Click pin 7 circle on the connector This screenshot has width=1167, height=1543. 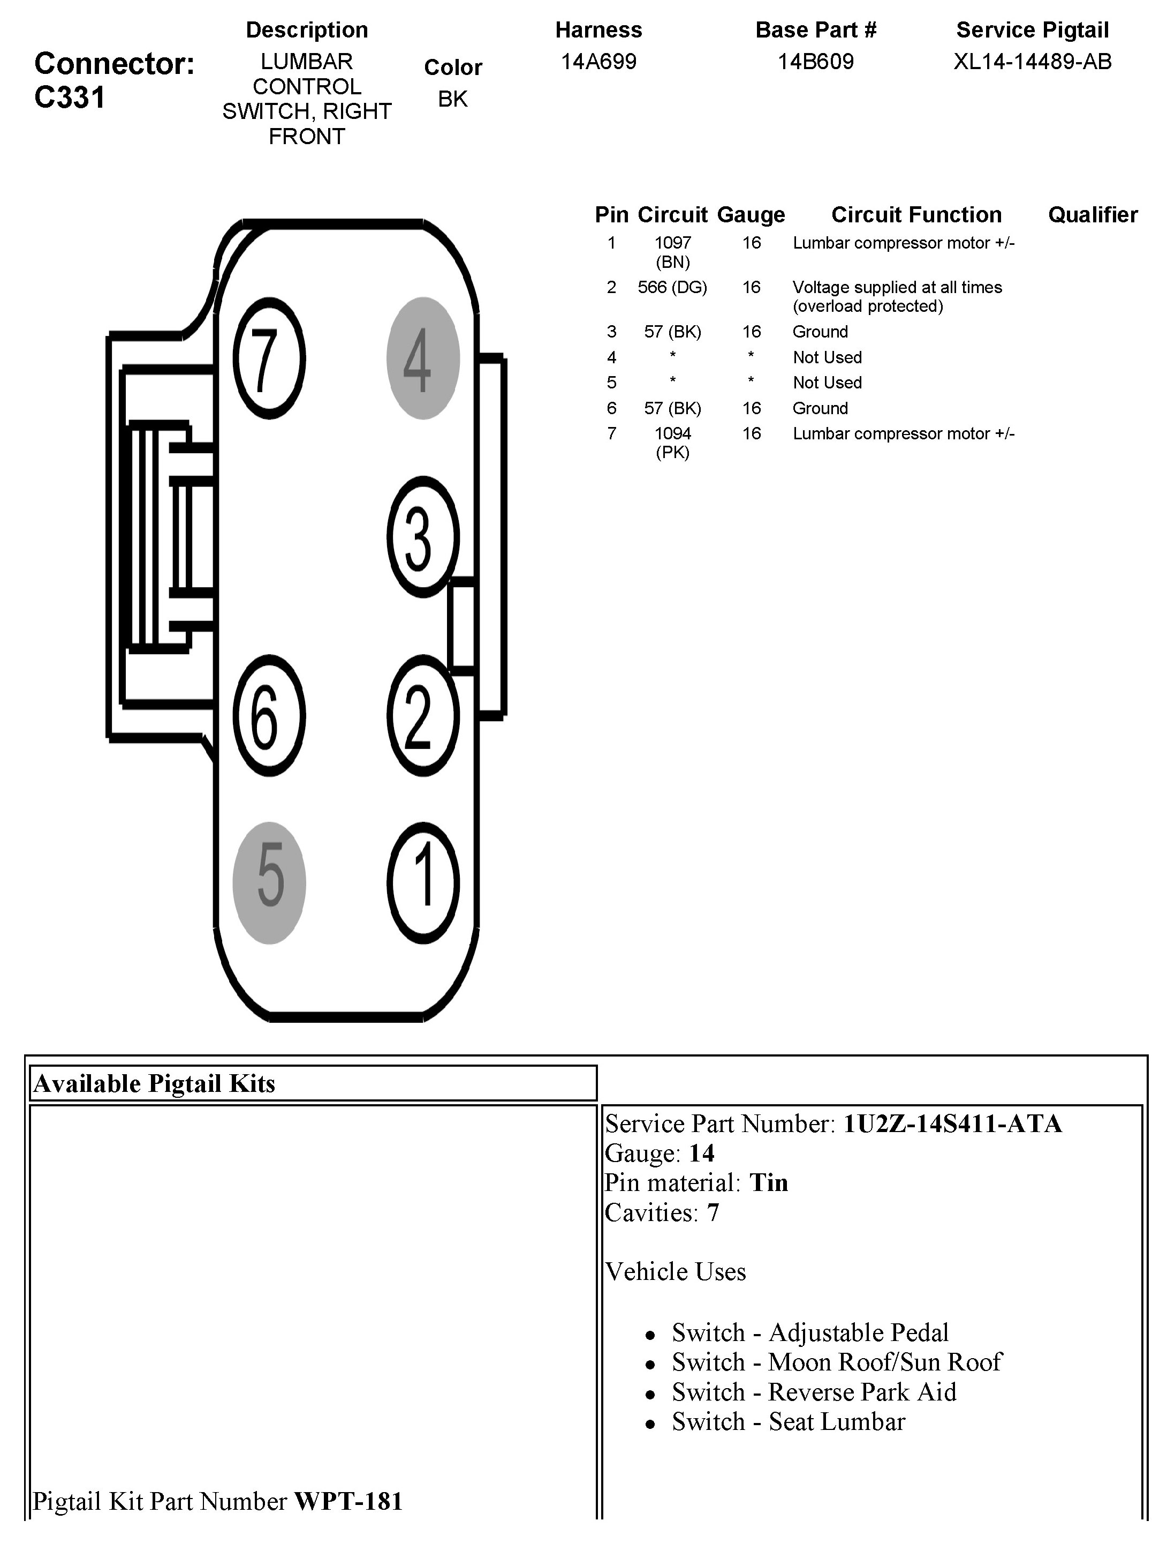coord(268,358)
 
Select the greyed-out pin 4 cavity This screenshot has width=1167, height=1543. coord(422,358)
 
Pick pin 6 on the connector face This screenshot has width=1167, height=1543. coord(268,716)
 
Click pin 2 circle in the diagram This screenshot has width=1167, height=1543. coord(422,716)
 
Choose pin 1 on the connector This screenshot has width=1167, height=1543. coord(422,882)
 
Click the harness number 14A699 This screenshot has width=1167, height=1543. coord(598,62)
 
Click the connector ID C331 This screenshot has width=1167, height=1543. coord(70,98)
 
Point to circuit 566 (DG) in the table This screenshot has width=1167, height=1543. coord(672,287)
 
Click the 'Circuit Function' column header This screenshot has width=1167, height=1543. coord(916,215)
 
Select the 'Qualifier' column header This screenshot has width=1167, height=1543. coord(1093,215)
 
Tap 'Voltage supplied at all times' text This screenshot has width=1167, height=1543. coord(897,287)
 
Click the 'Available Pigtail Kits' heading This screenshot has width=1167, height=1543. coord(155,1083)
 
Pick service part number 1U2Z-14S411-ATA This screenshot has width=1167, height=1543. coord(952,1124)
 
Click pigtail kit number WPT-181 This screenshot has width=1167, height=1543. coord(348,1501)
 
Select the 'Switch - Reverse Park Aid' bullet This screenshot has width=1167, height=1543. coord(814,1391)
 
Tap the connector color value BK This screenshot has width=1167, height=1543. coord(452,99)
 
